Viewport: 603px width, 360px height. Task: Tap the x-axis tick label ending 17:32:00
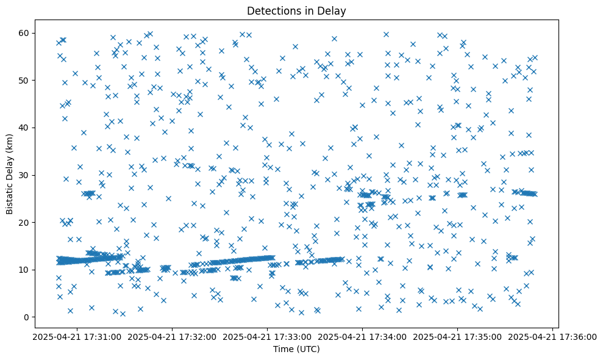[173, 336]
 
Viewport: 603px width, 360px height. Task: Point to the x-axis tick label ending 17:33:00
[268, 336]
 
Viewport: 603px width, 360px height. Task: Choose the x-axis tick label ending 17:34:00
[363, 336]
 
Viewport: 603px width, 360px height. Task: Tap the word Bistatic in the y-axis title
[10, 196]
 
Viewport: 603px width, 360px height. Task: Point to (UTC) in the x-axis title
[309, 350]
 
